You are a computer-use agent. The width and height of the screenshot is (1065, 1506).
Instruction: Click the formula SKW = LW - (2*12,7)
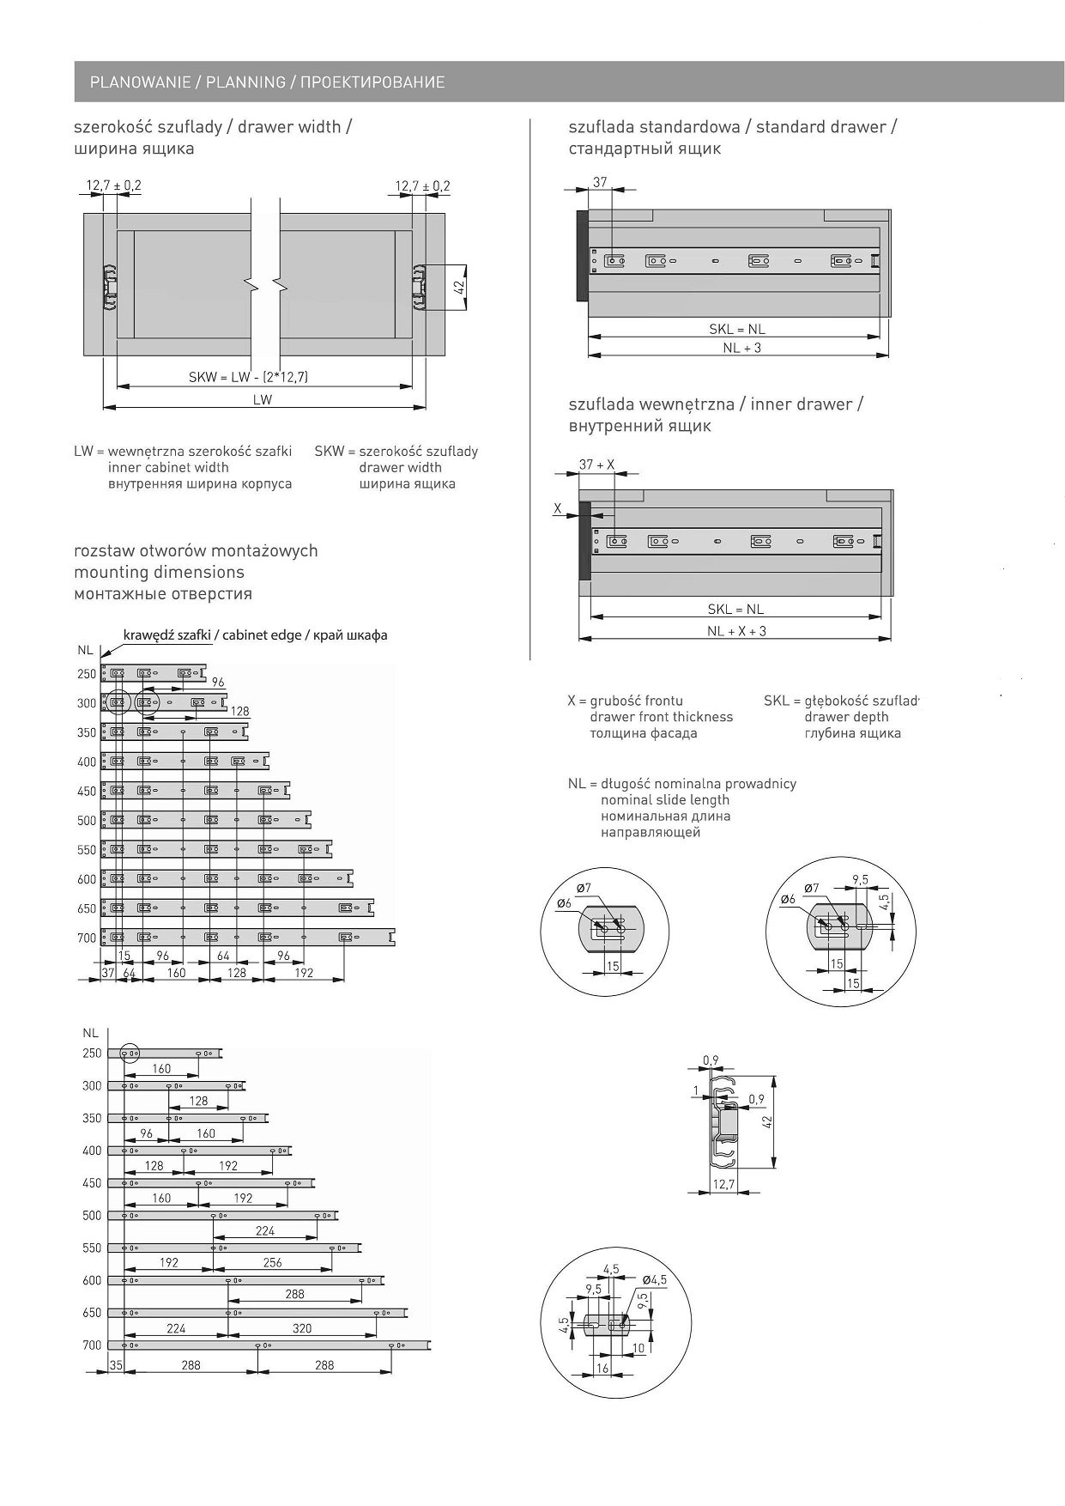248,378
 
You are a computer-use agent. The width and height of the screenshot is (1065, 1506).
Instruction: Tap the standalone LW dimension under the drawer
263,400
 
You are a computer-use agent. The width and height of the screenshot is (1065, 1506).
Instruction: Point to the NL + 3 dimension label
741,348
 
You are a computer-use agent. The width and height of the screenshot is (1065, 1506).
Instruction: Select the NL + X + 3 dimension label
736,631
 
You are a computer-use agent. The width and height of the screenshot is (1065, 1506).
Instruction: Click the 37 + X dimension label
596,465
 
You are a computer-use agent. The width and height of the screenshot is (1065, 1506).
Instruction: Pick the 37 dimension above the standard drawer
600,182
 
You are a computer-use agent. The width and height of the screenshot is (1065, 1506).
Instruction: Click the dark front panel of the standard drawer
581,256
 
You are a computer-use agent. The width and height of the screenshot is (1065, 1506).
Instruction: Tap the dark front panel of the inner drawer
585,541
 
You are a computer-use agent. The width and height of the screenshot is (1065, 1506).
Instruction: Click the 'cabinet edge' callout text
255,635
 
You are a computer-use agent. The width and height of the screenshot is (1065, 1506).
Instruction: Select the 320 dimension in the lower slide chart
302,1328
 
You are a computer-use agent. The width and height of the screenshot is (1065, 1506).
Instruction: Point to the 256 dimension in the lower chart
272,1263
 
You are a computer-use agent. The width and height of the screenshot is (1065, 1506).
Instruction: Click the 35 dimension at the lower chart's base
117,1364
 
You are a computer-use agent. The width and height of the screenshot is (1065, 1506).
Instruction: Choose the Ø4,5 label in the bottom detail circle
654,1279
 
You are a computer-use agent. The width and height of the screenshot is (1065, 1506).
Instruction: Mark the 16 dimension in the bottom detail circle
602,1369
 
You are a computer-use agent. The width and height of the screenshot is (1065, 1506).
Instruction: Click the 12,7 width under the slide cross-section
723,1185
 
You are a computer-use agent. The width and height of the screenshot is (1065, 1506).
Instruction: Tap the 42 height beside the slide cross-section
768,1120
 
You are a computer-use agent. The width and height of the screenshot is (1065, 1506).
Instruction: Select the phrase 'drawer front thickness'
661,717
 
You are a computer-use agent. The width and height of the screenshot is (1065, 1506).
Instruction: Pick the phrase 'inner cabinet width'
168,468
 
